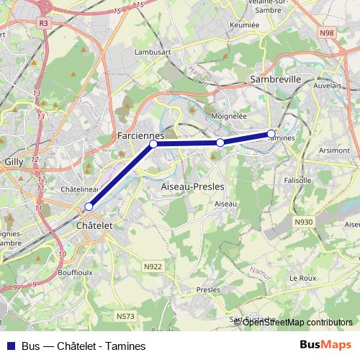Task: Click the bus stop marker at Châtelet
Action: tap(89, 207)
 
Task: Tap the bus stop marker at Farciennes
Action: tap(153, 144)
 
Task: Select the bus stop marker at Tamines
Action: tap(271, 133)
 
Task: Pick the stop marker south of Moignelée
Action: tap(220, 143)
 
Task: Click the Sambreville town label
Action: tap(275, 79)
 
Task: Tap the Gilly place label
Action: tap(14, 163)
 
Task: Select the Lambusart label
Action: tap(151, 53)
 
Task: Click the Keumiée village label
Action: tap(245, 24)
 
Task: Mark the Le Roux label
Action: tap(302, 277)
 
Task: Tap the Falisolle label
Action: tap(297, 180)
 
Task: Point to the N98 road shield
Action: tap(327, 33)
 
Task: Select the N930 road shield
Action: tap(303, 222)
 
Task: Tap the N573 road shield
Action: tap(125, 315)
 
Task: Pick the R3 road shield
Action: tap(45, 23)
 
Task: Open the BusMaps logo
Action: tap(325, 346)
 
